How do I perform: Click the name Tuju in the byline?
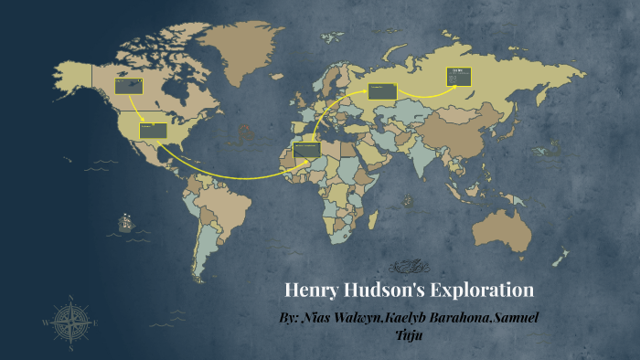(x=409, y=334)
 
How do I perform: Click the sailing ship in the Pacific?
(x=124, y=221)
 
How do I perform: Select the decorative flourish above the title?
(x=408, y=267)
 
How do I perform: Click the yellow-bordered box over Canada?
(x=129, y=86)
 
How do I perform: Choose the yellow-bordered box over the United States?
(x=153, y=131)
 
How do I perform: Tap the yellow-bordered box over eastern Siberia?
(x=457, y=76)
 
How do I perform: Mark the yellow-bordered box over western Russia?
(x=381, y=90)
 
